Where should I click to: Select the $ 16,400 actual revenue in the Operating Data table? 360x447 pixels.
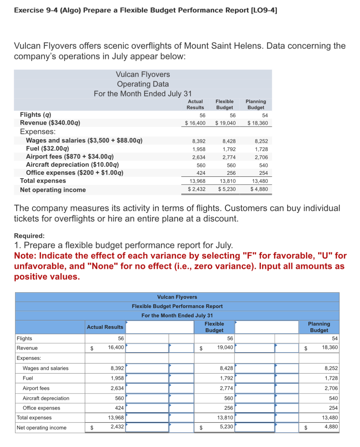coord(195,123)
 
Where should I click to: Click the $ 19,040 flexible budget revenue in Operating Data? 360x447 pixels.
coord(225,123)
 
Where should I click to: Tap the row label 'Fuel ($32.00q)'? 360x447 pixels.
coord(47,148)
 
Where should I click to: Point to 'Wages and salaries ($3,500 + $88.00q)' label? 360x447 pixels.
coord(84,140)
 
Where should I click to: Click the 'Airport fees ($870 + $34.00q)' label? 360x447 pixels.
coord(70,157)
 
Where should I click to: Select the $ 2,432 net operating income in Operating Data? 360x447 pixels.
coord(197,189)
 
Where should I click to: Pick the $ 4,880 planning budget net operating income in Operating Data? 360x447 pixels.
coord(259,189)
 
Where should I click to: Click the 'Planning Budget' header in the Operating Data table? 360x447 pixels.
coord(256,104)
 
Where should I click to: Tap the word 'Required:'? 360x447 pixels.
coord(29,236)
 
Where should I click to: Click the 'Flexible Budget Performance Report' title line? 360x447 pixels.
coord(177,306)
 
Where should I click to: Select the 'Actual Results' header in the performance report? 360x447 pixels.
coord(105,327)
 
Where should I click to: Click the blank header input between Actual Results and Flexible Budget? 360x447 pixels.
coord(160,327)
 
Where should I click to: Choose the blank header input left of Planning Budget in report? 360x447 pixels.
coord(267,327)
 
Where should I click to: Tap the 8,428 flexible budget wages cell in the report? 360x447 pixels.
coord(226,368)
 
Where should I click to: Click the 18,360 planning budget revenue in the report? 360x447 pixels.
coord(330,347)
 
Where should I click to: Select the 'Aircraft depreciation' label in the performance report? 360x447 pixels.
coord(46,398)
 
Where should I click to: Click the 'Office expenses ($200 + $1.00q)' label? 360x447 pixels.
coord(75,173)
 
